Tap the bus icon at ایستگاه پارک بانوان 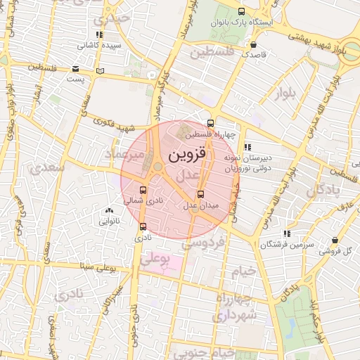pyautogui.click(x=243, y=11)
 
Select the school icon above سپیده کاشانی pyautogui.click(x=99, y=34)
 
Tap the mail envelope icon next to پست pyautogui.click(x=75, y=68)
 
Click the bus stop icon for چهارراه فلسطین pyautogui.click(x=211, y=123)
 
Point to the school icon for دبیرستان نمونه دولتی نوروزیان pyautogui.click(x=247, y=147)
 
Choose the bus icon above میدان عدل pyautogui.click(x=201, y=194)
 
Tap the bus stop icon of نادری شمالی pyautogui.click(x=143, y=190)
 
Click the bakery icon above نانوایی pyautogui.click(x=108, y=210)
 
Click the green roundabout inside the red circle pyautogui.click(x=155, y=167)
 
